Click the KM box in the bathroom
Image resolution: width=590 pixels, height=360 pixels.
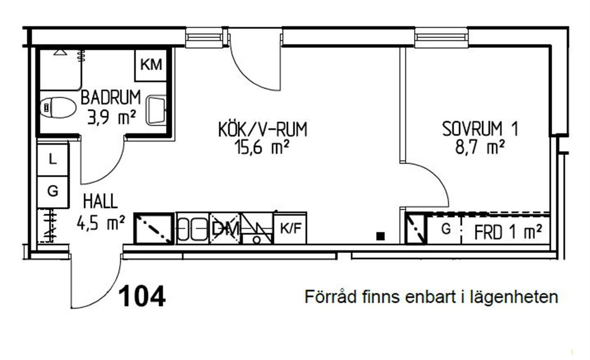pyautogui.click(x=151, y=65)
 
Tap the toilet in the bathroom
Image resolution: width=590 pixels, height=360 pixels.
pyautogui.click(x=58, y=108)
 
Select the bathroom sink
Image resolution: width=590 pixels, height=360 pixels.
pyautogui.click(x=156, y=110)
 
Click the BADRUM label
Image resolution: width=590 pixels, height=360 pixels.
pyautogui.click(x=111, y=98)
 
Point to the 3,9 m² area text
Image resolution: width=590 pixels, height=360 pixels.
pyautogui.click(x=112, y=117)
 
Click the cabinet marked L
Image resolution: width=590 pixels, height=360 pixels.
pyautogui.click(x=53, y=160)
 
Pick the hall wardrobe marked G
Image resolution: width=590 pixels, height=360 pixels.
pyautogui.click(x=53, y=191)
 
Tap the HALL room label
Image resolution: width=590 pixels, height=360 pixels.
pyautogui.click(x=100, y=202)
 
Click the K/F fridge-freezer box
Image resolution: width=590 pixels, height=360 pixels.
pyautogui.click(x=290, y=228)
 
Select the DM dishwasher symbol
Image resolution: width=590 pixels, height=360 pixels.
pyautogui.click(x=225, y=228)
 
